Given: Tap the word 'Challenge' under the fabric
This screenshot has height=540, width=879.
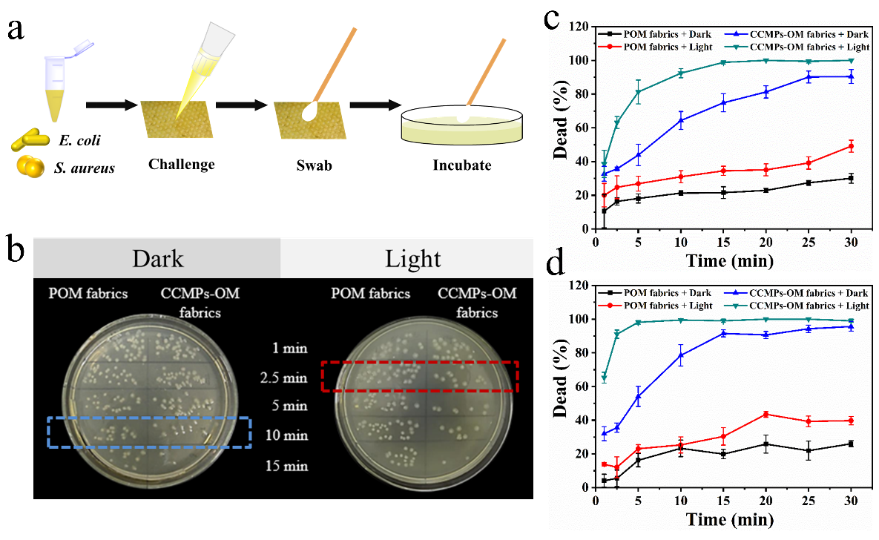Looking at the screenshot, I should (x=180, y=164).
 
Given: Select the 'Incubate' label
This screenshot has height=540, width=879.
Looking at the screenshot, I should (x=461, y=165).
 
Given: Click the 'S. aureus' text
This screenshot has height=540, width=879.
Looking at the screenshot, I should (x=83, y=168).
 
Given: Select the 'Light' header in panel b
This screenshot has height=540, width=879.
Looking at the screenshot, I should (x=413, y=258).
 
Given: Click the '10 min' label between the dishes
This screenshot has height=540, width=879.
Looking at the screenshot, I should (x=286, y=435).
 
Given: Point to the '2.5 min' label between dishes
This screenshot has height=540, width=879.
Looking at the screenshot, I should (x=283, y=378).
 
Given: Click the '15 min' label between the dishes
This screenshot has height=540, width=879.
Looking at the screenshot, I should (x=286, y=466).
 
